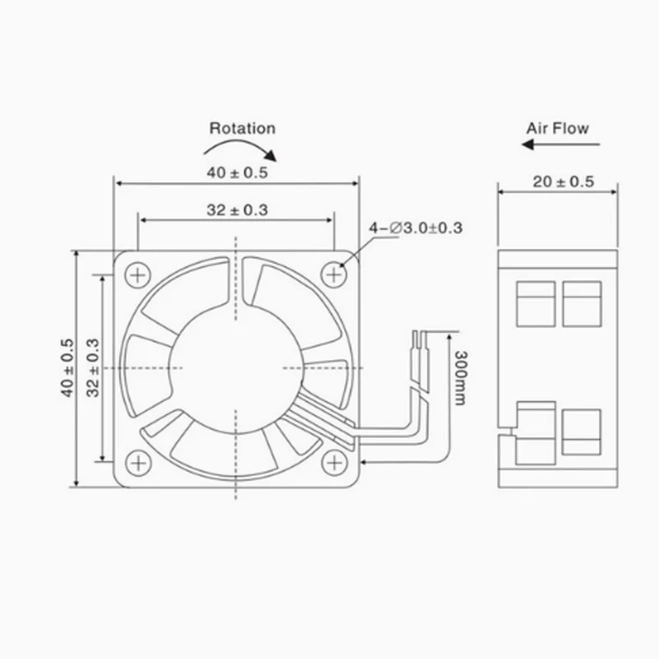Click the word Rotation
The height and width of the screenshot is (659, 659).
(242, 128)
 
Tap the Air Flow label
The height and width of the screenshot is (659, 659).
(558, 128)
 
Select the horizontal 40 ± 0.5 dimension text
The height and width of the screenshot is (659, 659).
(236, 172)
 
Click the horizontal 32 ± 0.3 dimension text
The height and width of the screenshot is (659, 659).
(236, 210)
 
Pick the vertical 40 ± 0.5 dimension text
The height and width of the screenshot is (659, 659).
(67, 368)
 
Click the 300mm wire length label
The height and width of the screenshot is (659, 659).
(460, 376)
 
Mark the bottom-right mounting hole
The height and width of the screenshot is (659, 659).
(334, 463)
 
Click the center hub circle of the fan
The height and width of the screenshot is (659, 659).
(236, 366)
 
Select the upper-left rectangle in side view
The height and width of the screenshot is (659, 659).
(535, 302)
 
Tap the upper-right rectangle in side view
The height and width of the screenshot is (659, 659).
(582, 302)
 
